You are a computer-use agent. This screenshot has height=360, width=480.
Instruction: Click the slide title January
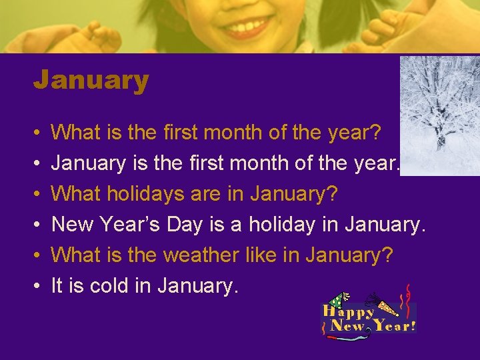coord(91,81)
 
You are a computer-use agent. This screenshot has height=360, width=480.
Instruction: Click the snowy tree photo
coord(439,115)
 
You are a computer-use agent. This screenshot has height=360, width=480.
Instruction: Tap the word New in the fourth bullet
coord(71,225)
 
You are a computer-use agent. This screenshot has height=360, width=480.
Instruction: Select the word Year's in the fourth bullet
coord(128,225)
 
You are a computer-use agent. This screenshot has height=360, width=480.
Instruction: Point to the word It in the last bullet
coord(57,286)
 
